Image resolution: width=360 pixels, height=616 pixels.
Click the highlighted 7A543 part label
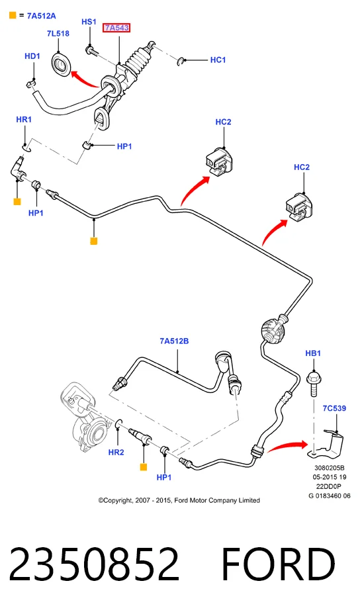116,28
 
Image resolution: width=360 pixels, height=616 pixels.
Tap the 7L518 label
58,33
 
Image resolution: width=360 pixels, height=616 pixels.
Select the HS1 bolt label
89,22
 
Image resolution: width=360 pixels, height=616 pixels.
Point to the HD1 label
32,56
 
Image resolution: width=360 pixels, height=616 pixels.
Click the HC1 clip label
218,60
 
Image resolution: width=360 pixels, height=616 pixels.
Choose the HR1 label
24,119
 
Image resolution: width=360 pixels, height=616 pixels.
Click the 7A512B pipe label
174,341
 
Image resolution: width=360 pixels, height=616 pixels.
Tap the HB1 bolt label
313,353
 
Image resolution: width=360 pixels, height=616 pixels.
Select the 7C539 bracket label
334,408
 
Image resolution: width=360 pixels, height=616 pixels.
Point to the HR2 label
116,452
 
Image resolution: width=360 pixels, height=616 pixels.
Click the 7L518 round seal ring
62,65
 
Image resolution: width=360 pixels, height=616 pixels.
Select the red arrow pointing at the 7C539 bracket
287,446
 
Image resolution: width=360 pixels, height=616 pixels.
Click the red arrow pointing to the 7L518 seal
84,79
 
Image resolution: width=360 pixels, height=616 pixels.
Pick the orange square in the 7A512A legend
13,16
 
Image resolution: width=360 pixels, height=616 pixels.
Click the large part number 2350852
94,564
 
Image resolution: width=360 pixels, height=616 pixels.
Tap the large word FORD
278,564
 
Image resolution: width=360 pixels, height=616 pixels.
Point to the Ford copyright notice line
179,500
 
